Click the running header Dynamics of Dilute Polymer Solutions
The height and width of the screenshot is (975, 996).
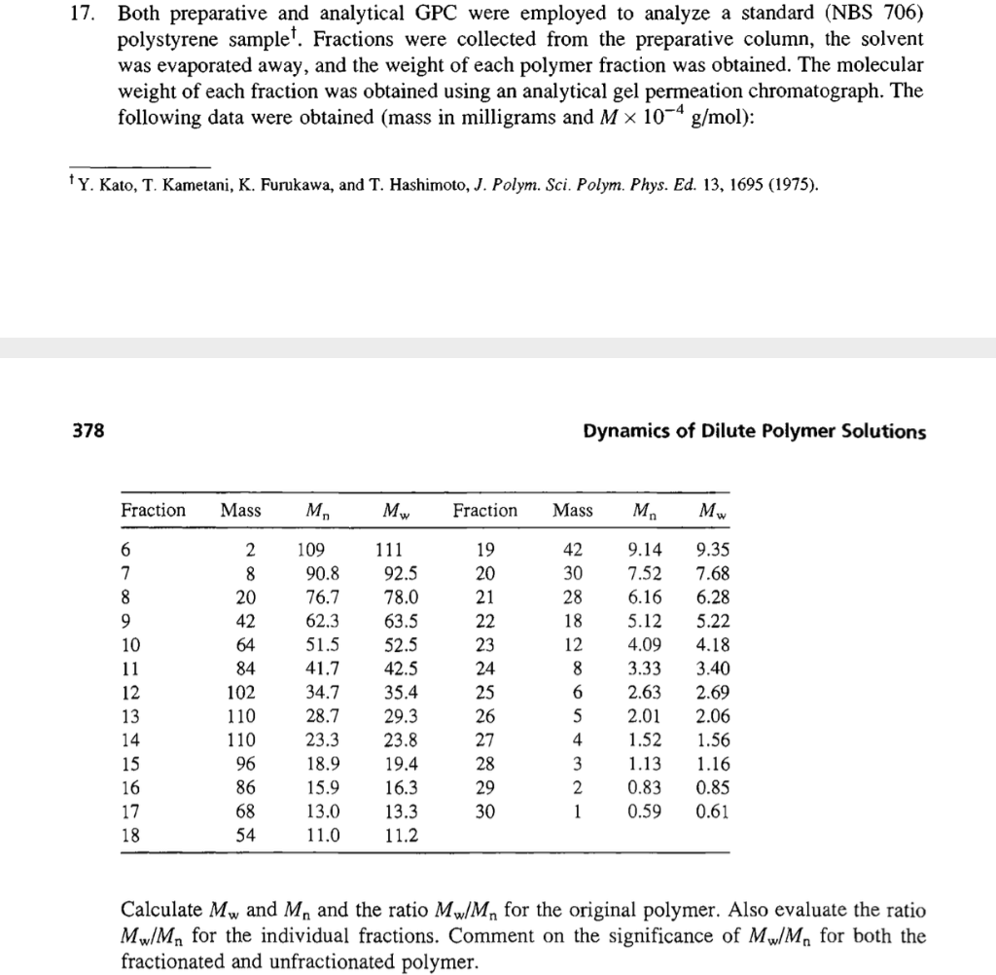754,431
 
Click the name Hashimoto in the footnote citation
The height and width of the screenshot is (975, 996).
415,185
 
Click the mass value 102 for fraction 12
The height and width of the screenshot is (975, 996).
239,693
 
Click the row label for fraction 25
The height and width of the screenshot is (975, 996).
484,693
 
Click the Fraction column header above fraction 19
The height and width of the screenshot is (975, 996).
484,511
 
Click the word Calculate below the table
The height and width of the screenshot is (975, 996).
161,912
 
